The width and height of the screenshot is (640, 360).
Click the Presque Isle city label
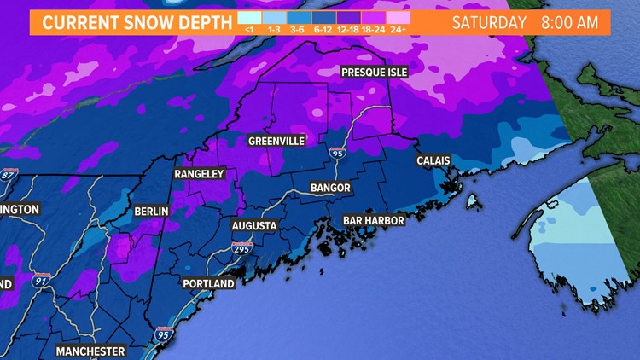(375, 73)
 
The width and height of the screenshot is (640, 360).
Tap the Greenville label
(276, 141)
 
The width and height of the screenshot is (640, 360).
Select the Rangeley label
(199, 174)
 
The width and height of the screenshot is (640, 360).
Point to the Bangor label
(330, 188)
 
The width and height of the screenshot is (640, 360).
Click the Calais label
(433, 160)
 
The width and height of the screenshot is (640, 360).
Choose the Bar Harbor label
(373, 220)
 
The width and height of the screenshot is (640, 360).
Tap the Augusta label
(254, 226)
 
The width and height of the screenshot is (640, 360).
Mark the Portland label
(208, 283)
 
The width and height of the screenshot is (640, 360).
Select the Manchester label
(90, 351)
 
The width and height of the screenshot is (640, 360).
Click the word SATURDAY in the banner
(489, 22)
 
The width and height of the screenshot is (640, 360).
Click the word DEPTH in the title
(197, 22)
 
